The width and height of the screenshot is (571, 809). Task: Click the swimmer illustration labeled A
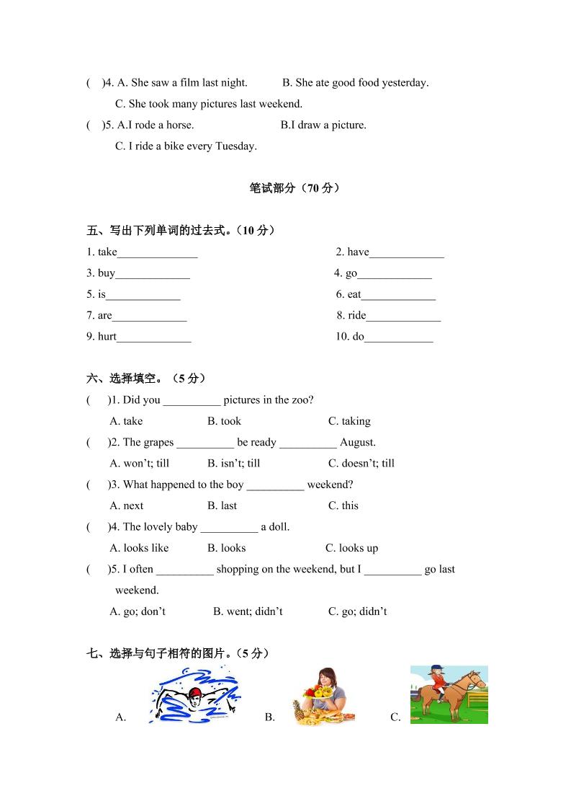(x=194, y=696)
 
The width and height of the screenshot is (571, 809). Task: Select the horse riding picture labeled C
(x=449, y=694)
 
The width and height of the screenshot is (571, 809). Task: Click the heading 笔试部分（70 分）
(x=294, y=188)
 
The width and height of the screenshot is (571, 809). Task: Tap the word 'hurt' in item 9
(x=107, y=336)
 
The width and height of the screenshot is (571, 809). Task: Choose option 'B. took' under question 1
(x=224, y=421)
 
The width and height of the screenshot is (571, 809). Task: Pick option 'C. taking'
(x=349, y=421)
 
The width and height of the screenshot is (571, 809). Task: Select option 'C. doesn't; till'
(x=361, y=463)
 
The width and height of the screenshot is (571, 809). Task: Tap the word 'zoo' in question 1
(x=300, y=400)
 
